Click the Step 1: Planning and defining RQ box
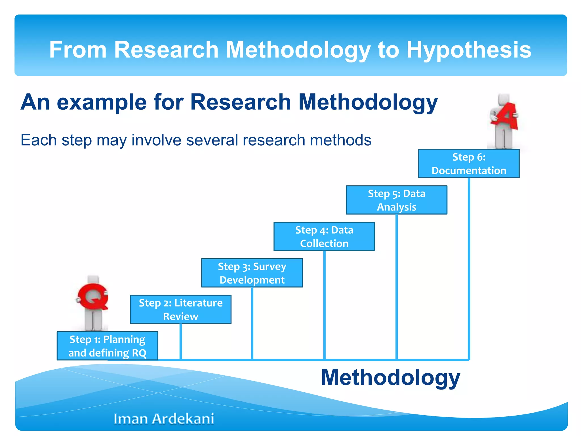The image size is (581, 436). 107,346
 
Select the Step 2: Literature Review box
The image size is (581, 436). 180,309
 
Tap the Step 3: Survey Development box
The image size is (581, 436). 252,273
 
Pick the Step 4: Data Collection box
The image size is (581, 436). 324,236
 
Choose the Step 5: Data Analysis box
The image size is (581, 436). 397,200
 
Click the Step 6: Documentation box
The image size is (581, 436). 469,163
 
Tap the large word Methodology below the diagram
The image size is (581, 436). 390,378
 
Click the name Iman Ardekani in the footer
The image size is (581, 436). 164,419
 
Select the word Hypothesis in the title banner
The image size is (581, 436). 469,50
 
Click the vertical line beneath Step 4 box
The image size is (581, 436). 324,305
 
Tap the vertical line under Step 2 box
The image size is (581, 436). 180,341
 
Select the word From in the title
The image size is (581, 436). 78,50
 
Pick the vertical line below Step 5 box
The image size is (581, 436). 397,287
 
